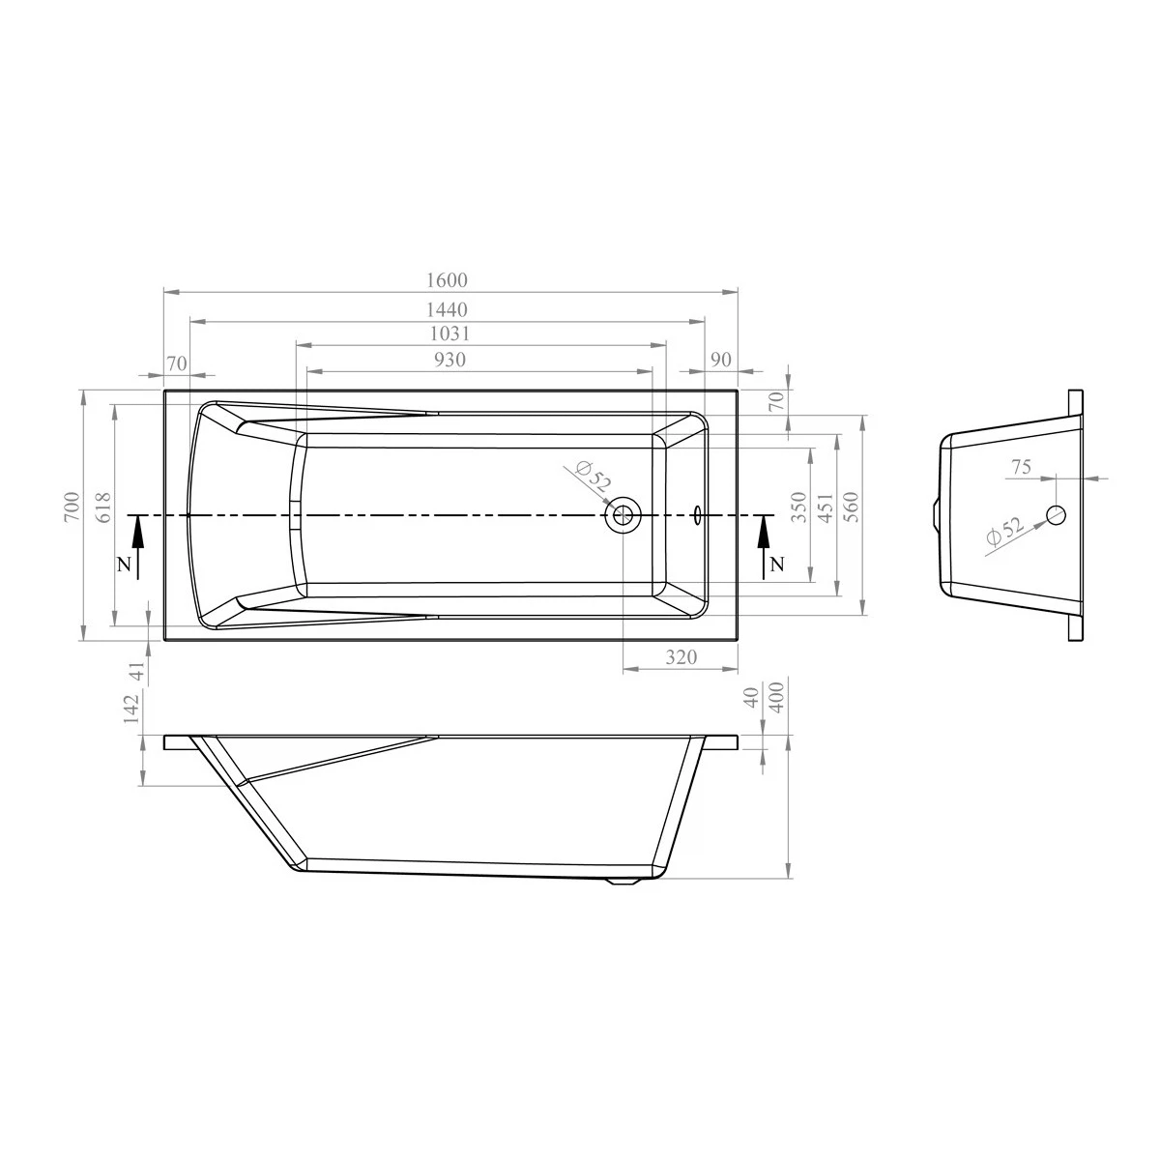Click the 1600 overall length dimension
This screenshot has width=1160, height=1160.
pyautogui.click(x=447, y=280)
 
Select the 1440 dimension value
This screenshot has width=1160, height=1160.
pyautogui.click(x=447, y=309)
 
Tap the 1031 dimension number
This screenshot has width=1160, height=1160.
pyautogui.click(x=449, y=333)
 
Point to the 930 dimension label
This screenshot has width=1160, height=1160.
pyautogui.click(x=449, y=360)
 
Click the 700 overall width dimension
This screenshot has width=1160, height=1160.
pyautogui.click(x=72, y=507)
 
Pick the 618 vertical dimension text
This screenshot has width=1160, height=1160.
pyautogui.click(x=103, y=507)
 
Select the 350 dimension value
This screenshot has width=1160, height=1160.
pyautogui.click(x=798, y=507)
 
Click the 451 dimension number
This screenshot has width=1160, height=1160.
pyautogui.click(x=826, y=507)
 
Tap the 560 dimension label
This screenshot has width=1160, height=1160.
pyautogui.click(x=852, y=507)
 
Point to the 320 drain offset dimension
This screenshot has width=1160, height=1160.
pyautogui.click(x=681, y=656)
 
